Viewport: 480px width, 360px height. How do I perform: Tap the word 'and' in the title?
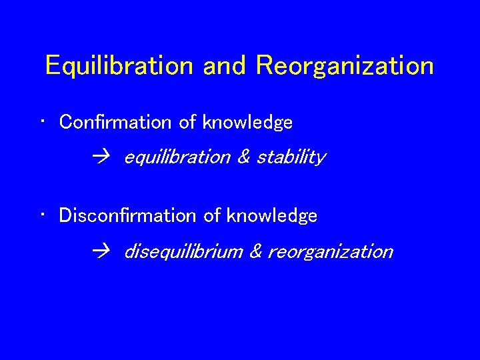click(x=225, y=66)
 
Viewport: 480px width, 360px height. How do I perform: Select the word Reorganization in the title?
click(x=345, y=66)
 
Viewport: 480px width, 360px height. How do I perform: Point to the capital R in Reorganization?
click(x=263, y=66)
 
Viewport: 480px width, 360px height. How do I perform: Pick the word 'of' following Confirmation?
click(x=187, y=123)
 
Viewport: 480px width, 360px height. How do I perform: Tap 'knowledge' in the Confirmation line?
click(x=247, y=123)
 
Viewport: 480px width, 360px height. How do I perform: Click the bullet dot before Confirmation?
click(x=42, y=123)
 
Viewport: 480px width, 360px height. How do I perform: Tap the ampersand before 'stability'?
click(x=243, y=158)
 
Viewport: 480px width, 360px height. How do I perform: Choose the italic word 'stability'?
click(x=291, y=158)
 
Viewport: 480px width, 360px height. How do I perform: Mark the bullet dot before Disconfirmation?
click(x=42, y=216)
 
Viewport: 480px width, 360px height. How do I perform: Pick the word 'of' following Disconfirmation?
click(x=212, y=216)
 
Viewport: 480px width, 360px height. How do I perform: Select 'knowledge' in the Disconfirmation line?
click(x=272, y=216)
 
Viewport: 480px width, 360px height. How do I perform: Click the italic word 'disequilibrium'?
click(x=183, y=252)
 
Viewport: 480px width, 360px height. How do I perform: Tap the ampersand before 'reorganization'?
click(x=256, y=252)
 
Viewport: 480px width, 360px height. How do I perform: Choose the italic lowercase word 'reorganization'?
click(x=331, y=252)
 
